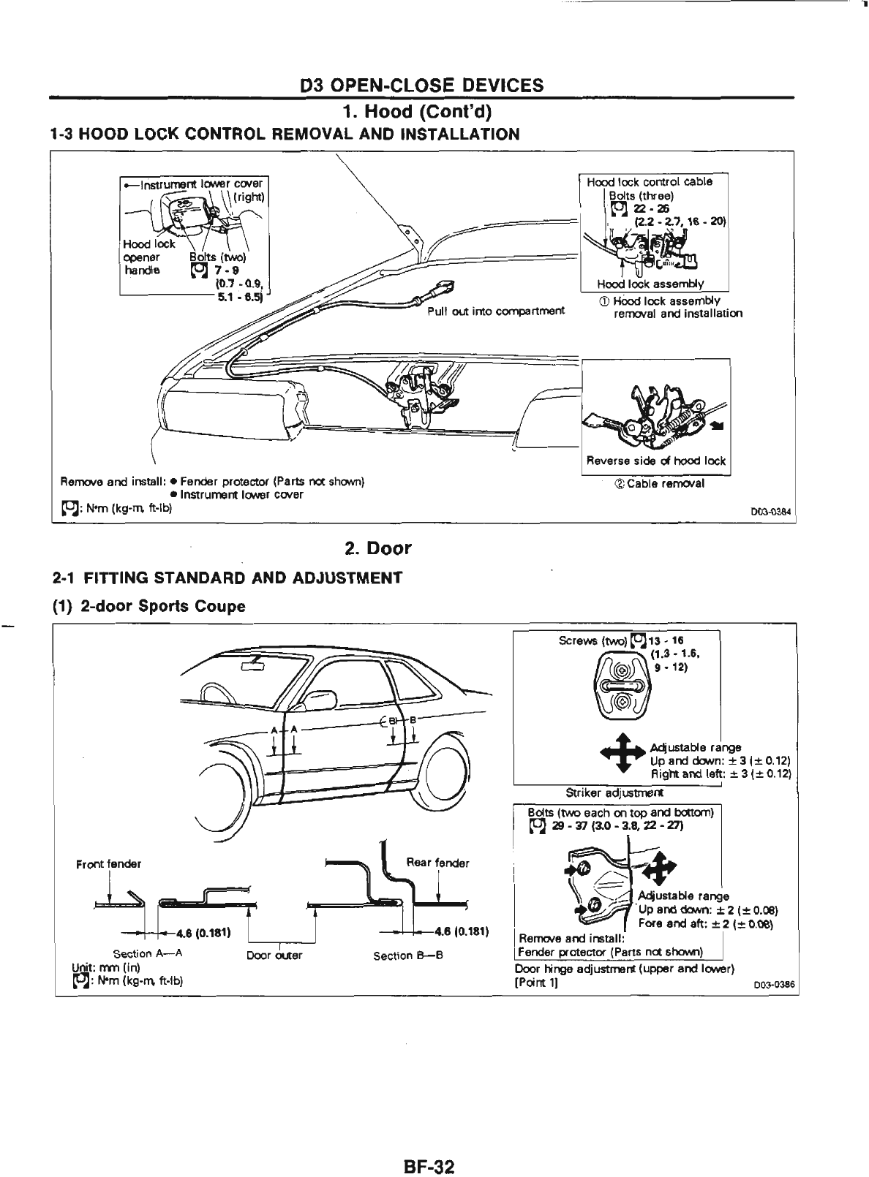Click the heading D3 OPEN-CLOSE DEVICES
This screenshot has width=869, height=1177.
(x=422, y=86)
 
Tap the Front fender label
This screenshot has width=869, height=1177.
(x=108, y=863)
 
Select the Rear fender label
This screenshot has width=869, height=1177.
(x=437, y=862)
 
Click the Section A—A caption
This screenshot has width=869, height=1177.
(x=148, y=954)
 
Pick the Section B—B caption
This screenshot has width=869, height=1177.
(x=408, y=955)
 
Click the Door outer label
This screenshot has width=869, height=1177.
(x=274, y=955)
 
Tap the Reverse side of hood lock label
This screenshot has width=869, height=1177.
(x=656, y=461)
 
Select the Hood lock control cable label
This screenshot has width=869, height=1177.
(x=650, y=181)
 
